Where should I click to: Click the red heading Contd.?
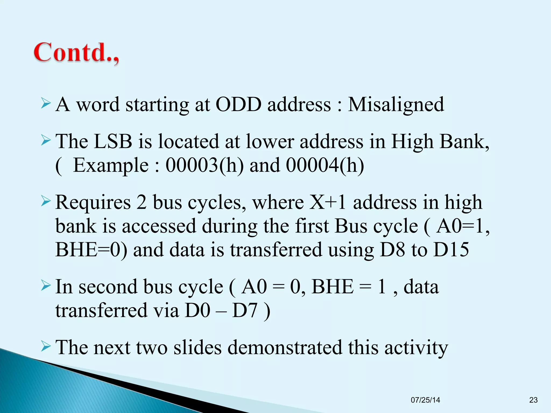coord(76,53)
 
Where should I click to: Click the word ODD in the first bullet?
coord(238,104)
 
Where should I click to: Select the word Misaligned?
coord(396,105)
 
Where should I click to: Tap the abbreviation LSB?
coord(113,141)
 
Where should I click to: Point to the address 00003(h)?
coord(204,165)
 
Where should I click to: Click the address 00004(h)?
coord(325,165)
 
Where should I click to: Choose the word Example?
coord(111,165)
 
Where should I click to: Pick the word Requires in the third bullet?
coord(93,202)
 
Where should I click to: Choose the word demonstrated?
coord(285,347)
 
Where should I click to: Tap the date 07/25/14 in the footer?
coord(425,400)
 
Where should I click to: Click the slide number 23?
coord(533,400)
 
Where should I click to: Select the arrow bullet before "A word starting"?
coord(46,104)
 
